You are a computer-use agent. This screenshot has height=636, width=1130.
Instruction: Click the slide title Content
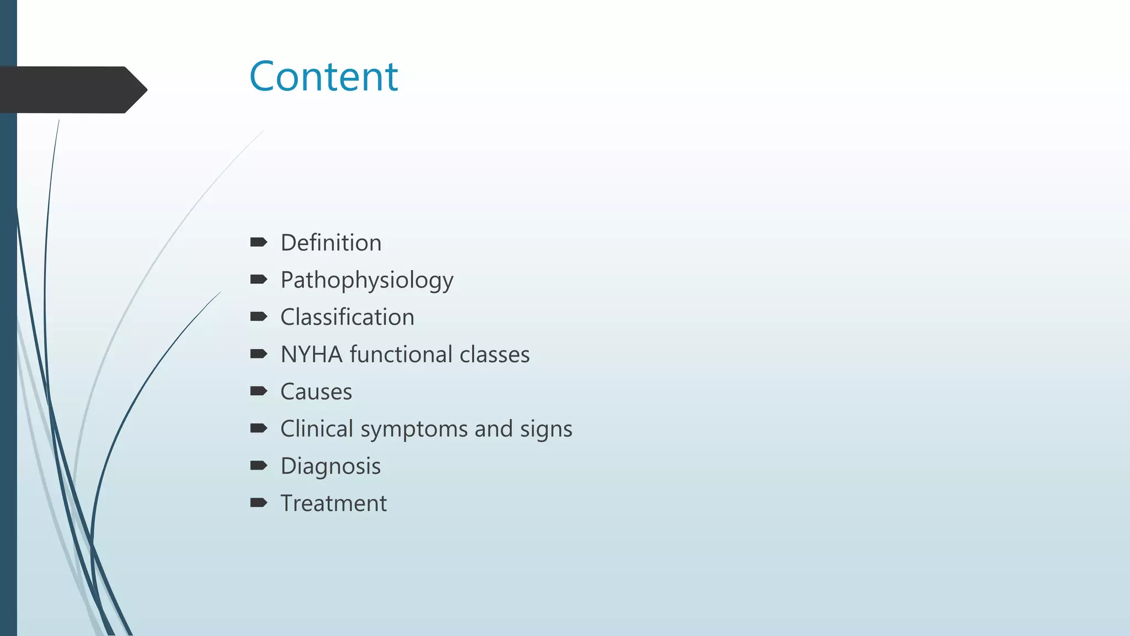click(x=323, y=76)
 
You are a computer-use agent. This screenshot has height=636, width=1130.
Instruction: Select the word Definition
click(x=331, y=243)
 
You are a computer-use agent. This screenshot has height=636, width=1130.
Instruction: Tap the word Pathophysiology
click(x=366, y=280)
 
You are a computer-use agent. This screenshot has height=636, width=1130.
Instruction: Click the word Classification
click(x=347, y=317)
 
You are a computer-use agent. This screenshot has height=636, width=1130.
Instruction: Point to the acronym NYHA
click(x=312, y=354)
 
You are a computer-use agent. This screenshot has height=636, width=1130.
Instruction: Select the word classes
click(x=494, y=354)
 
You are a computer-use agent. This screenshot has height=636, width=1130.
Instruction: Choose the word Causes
click(x=316, y=392)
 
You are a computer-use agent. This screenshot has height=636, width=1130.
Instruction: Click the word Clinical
click(x=317, y=429)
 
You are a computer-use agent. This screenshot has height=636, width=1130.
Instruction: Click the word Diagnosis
click(x=331, y=467)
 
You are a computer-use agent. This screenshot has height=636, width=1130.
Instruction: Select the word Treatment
click(x=333, y=504)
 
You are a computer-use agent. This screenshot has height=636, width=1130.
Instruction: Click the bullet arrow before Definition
click(x=258, y=242)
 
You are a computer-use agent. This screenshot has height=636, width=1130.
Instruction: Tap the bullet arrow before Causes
click(x=258, y=391)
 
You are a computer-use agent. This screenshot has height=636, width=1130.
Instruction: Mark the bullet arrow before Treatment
click(x=258, y=502)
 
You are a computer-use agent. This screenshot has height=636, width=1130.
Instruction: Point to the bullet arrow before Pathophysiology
click(x=258, y=279)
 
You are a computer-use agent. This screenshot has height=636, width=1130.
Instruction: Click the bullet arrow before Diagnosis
click(x=258, y=465)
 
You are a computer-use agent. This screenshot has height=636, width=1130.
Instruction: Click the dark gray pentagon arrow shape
click(x=72, y=90)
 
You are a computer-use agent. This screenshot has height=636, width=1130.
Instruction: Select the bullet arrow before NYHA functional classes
click(x=258, y=353)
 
